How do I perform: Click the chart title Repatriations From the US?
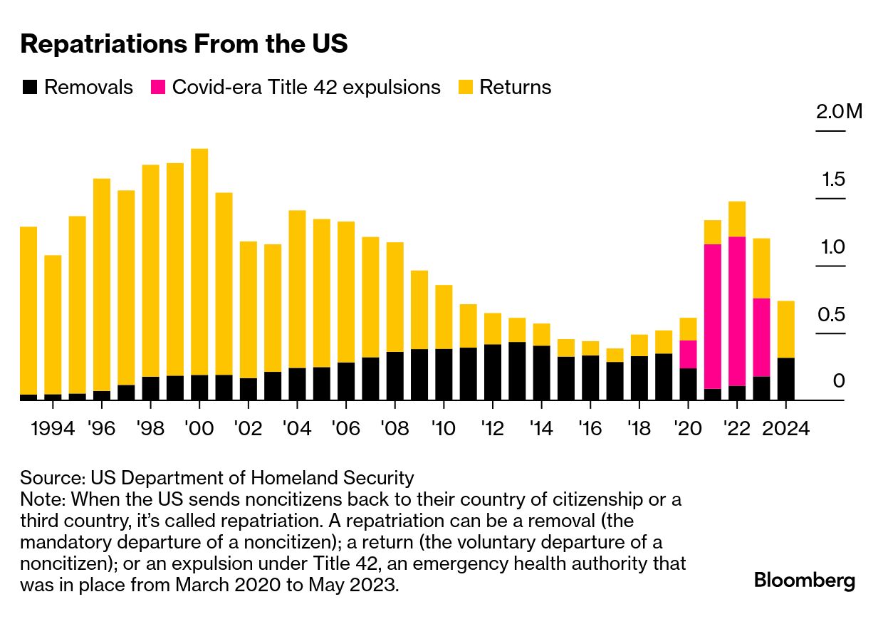click(184, 44)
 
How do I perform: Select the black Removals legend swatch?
click(30, 88)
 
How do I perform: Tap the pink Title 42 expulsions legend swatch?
click(158, 88)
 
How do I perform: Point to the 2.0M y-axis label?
click(839, 112)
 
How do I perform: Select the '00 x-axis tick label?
click(199, 430)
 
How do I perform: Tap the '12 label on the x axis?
click(492, 430)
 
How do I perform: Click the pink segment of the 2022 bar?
click(737, 311)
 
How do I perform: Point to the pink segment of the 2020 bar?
click(688, 354)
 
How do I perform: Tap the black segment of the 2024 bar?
click(785, 379)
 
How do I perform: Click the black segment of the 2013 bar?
click(517, 371)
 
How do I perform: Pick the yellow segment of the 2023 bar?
click(761, 268)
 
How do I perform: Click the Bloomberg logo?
click(805, 581)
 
